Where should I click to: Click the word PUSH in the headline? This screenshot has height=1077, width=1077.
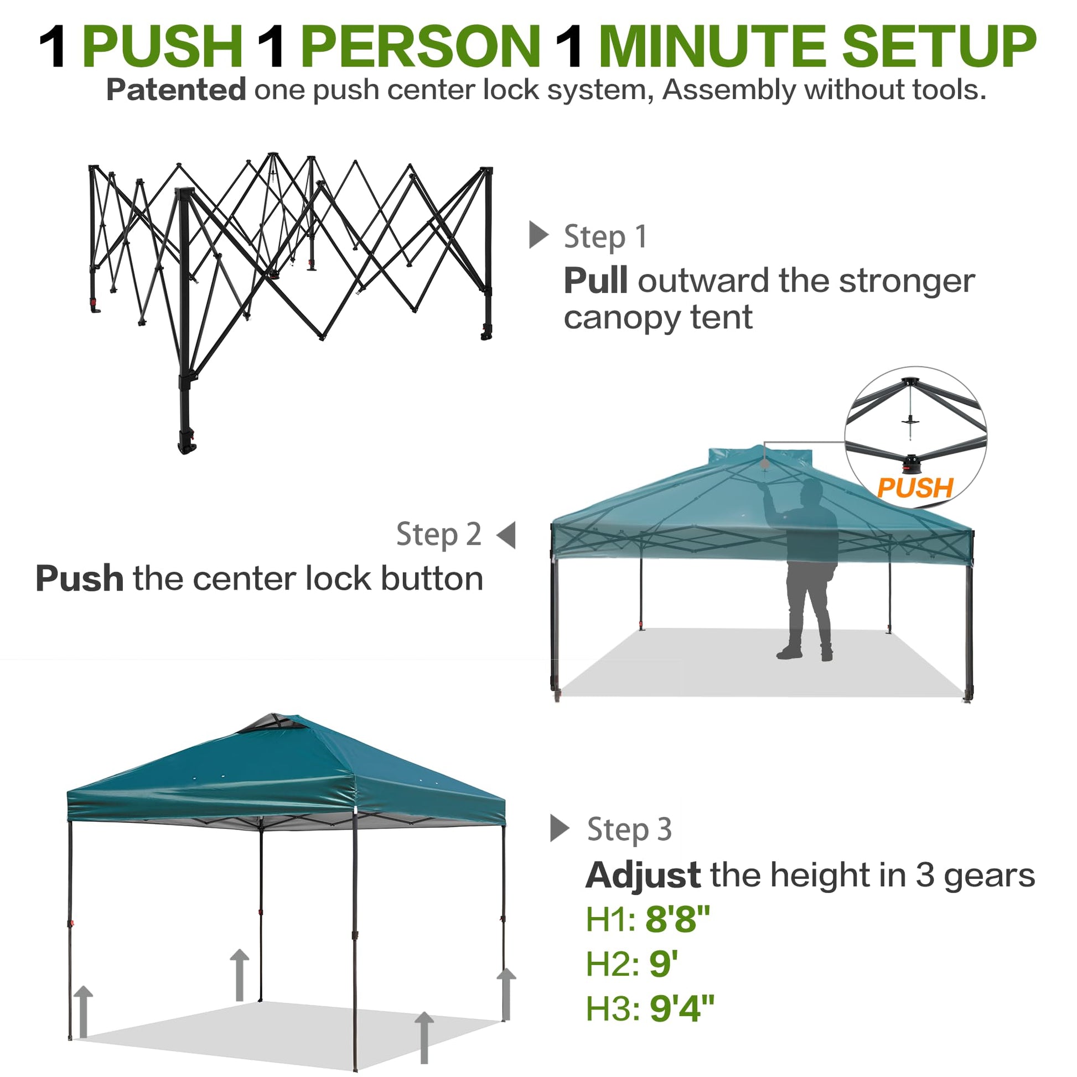pos(162,46)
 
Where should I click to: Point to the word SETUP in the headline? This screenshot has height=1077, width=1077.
pos(939,46)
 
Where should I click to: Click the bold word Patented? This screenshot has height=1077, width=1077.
pos(176,90)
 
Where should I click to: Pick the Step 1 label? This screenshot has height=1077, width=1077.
pos(605,236)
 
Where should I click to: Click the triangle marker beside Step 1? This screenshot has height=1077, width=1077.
pos(538,235)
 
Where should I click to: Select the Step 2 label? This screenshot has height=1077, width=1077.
pos(439,534)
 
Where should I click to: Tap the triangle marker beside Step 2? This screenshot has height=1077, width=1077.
pos(506,535)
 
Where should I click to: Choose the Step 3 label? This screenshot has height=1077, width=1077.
pos(629,829)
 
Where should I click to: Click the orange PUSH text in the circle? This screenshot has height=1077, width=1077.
pos(915,488)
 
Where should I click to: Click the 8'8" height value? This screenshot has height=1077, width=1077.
pos(677,919)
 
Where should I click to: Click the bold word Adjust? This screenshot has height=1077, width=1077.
pos(643,874)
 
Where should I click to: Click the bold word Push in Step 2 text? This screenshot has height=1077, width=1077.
pos(79,578)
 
